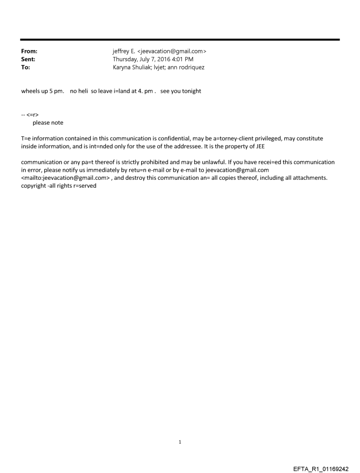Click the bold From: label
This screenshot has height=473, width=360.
[29, 51]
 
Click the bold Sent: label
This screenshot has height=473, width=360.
[28, 59]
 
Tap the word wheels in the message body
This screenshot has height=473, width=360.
[30, 91]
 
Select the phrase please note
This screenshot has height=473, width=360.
[48, 123]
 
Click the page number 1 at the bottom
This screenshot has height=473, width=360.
[180, 442]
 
